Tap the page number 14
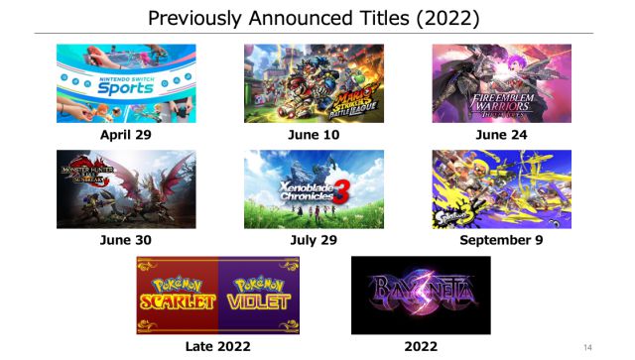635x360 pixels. coord(587,346)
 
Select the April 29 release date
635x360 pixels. coord(126,134)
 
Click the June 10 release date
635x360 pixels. coord(314,134)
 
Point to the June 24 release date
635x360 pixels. coord(501,134)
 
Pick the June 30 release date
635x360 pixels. coord(126,239)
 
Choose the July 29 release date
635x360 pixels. coord(314,239)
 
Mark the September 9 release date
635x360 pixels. coord(501,239)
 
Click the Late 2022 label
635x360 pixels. coord(217,345)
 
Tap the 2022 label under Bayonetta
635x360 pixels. coord(421,345)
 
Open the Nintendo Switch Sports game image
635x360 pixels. coord(126,83)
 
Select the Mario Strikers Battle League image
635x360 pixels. coord(314,83)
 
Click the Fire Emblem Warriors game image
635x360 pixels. coord(501,83)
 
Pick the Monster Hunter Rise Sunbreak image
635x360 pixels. coord(126,188)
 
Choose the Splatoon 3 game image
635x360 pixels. coord(501,188)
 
